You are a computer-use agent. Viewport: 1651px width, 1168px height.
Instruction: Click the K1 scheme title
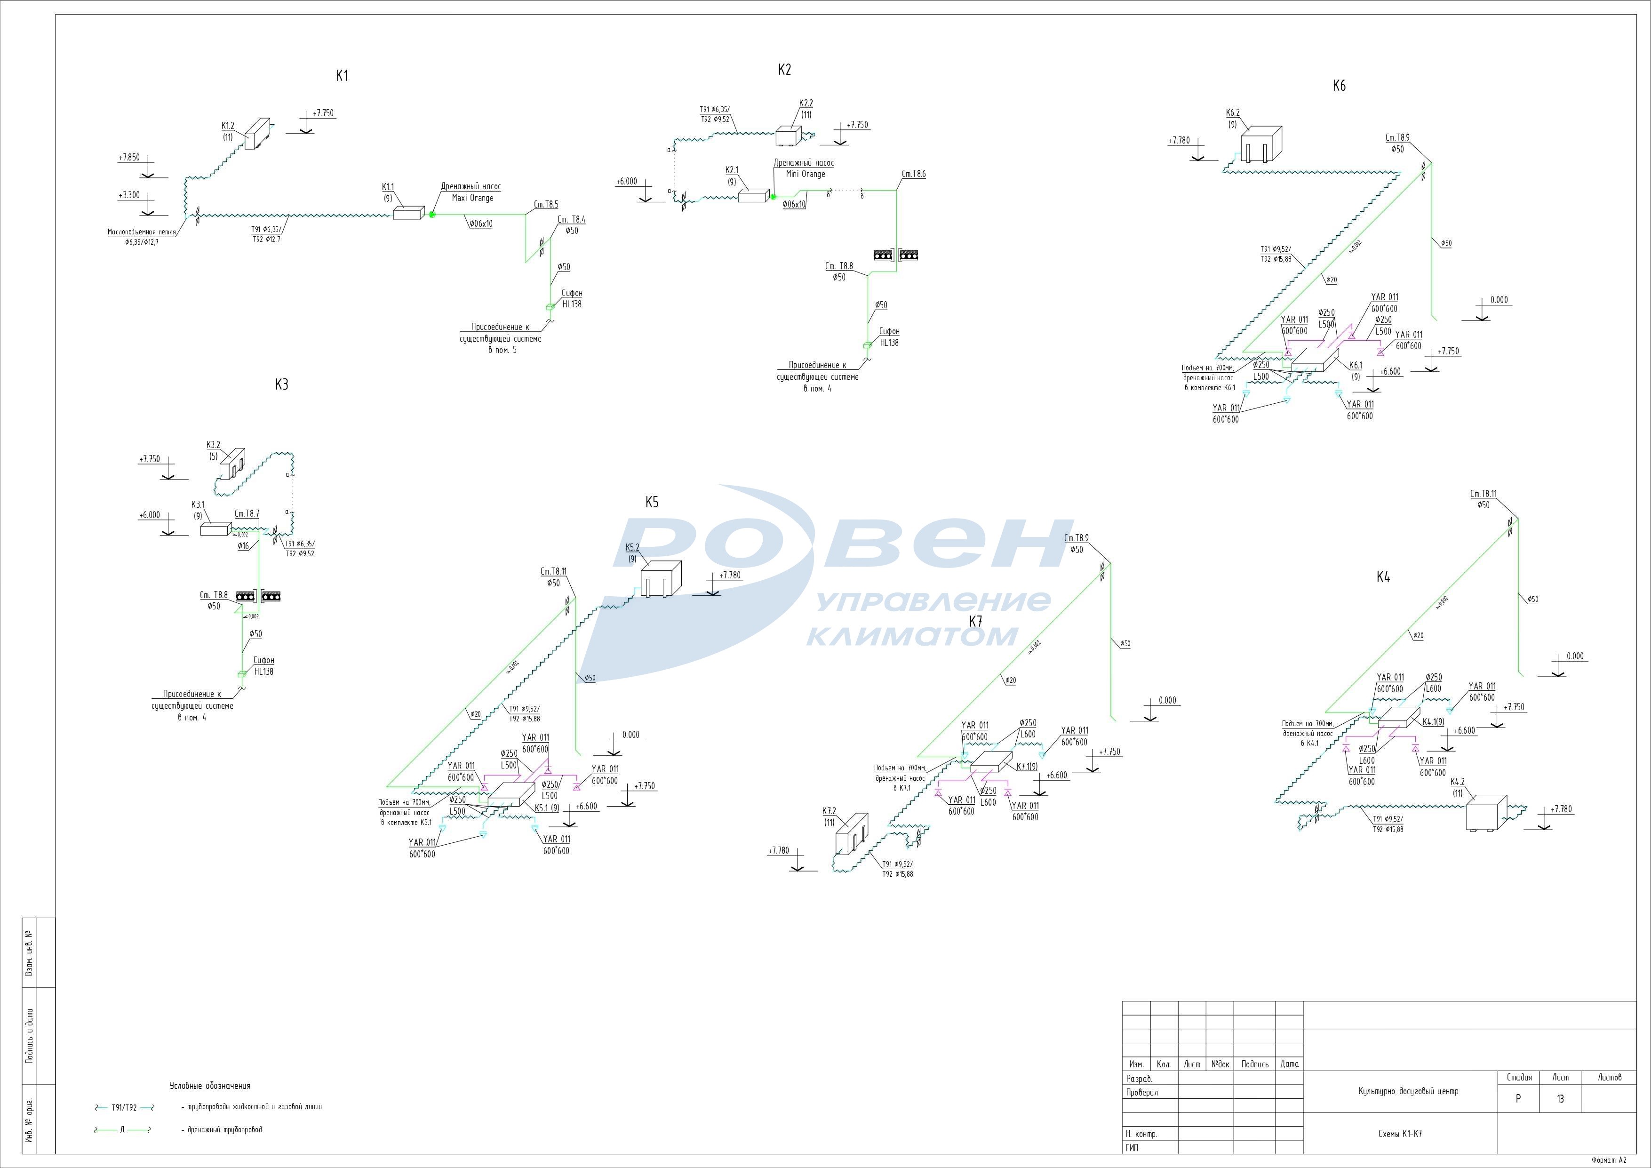coord(342,75)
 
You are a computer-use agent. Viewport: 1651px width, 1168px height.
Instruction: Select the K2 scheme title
coord(784,70)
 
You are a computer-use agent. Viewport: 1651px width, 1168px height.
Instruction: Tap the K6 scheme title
coord(1339,86)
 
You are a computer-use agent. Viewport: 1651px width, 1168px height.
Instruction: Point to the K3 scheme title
coord(282,385)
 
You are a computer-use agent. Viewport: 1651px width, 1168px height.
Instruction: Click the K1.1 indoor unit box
coord(408,213)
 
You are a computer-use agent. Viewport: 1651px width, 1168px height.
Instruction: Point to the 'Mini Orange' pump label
coord(806,174)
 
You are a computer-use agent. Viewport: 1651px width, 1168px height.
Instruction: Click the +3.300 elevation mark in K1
coord(129,195)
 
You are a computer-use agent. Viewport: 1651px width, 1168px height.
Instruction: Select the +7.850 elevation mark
coord(129,157)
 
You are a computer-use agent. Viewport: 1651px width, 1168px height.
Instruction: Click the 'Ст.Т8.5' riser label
coord(546,205)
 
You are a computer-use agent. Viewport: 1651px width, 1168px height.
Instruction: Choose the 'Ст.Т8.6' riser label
coord(914,174)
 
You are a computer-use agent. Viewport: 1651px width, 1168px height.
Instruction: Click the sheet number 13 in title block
coord(1560,1099)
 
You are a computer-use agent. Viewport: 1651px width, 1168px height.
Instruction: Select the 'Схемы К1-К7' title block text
coord(1400,1134)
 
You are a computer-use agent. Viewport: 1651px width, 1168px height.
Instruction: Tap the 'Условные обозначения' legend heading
coord(210,1086)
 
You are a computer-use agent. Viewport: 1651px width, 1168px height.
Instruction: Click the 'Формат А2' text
coord(1609,1160)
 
